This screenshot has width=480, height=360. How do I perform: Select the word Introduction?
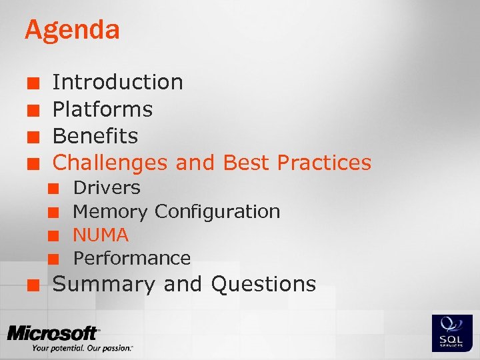(117, 82)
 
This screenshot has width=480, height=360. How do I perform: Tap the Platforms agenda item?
(103, 109)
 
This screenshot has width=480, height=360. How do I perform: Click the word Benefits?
(95, 136)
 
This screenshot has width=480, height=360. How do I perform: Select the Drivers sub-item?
(107, 188)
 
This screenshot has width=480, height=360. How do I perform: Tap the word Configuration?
(217, 212)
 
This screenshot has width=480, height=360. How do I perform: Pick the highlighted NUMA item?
(101, 235)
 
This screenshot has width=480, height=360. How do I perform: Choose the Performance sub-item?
(132, 258)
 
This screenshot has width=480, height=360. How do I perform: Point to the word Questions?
(263, 285)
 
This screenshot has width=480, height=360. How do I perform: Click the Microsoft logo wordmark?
(53, 333)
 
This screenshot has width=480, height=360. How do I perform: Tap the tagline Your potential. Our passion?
(81, 348)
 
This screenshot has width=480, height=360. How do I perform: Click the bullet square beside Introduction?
(31, 83)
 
